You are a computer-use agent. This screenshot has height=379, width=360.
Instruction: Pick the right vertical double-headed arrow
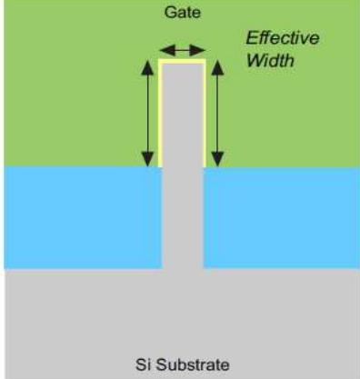pos(218,114)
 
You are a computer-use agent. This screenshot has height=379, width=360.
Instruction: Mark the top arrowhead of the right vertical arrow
pos(218,65)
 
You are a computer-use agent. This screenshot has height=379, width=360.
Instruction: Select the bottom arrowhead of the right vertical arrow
pos(218,162)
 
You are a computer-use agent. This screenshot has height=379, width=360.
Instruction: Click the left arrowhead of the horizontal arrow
pos(162,50)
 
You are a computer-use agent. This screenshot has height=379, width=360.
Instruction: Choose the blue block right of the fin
pos(281,216)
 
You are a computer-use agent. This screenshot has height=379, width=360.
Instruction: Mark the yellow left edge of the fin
pos(160,114)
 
